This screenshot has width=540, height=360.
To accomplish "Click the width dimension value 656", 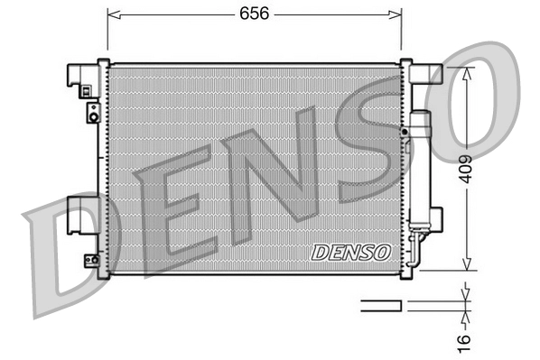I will coord(254,14).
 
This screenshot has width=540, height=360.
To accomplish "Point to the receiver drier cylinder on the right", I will coord(421,167).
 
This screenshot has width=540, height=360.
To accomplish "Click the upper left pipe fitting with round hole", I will coord(92,114).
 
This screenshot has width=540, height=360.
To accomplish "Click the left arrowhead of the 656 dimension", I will coord(112,14).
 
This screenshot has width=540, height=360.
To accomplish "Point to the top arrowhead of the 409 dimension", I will coord(465,72).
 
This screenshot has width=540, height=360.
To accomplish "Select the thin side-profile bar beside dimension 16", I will coord(380,306).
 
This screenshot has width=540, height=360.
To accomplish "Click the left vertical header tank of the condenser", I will coord(103,167).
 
